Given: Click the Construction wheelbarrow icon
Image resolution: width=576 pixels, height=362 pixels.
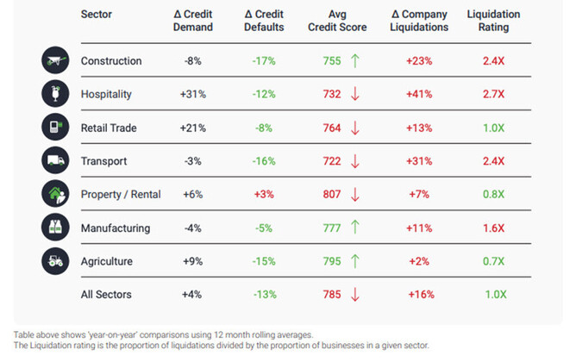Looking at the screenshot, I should pos(54,61).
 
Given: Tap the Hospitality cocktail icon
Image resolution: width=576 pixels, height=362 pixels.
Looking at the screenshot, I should pos(54,94).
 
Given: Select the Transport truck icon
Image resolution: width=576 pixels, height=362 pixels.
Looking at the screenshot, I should pos(54,160).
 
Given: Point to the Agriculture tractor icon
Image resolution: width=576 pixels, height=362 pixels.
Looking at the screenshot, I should pos(54,261).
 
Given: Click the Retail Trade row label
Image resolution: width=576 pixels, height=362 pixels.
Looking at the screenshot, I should pos(109,128).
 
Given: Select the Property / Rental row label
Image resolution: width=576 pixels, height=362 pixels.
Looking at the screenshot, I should pos(121,195).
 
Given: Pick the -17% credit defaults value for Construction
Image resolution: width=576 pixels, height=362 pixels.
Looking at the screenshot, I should pos(264,61).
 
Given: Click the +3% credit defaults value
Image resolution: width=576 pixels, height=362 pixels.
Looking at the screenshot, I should pos(264,195).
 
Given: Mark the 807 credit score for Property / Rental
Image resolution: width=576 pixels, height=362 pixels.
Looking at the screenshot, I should pos(331,195).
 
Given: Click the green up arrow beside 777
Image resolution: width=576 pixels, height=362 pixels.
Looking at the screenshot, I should pos(354,228).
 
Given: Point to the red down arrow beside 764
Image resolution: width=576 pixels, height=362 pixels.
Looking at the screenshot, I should pos(354,128).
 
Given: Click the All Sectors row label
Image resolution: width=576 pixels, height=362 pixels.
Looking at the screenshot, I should pos(106,295).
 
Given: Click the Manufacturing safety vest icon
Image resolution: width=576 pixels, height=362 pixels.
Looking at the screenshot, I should pos(54,228).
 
